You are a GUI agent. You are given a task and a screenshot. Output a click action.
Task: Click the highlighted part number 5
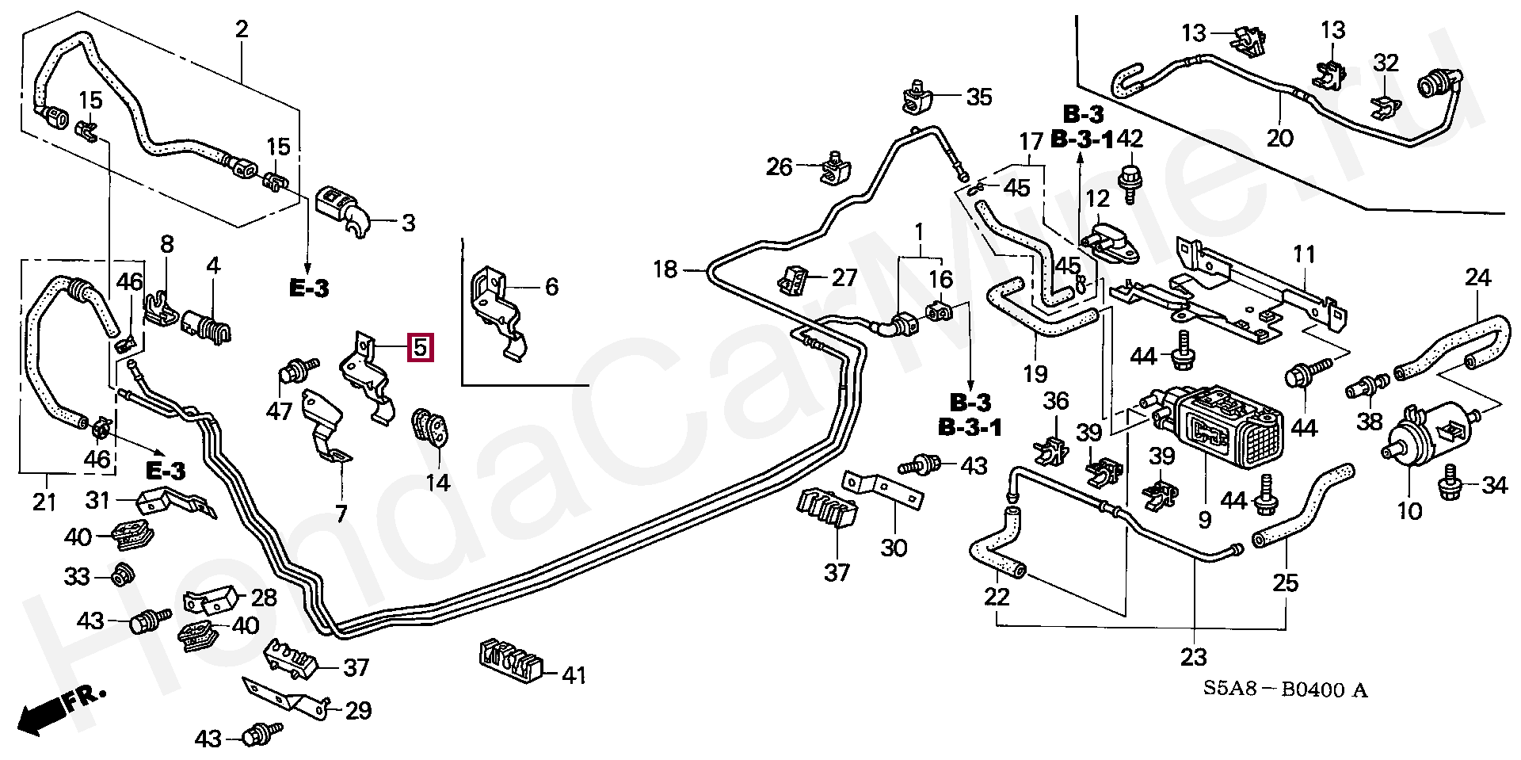point(420,347)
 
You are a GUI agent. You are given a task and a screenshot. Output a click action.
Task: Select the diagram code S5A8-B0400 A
point(1284,689)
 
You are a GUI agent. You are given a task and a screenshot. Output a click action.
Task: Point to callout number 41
point(573,675)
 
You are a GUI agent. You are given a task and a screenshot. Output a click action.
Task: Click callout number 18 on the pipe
point(665,270)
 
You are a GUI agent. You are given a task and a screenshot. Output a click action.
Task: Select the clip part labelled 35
point(917,97)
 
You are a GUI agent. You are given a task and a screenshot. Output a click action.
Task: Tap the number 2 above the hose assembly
point(242,30)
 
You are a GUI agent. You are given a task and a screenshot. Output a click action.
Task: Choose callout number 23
point(1193,657)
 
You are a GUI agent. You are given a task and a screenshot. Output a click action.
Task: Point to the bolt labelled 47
point(295,373)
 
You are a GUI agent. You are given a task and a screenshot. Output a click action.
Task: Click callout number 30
point(894,547)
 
